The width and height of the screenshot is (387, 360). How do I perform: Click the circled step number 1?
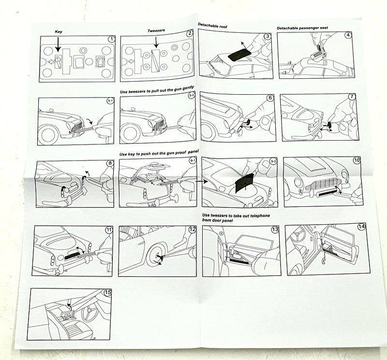point(112,39)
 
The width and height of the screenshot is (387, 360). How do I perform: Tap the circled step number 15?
point(108,292)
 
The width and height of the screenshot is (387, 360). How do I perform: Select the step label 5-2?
point(192,96)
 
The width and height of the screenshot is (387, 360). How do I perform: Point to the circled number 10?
point(357,160)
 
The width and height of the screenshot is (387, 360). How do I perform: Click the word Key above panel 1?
point(59,31)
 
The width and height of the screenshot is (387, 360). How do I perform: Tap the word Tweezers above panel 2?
point(156,30)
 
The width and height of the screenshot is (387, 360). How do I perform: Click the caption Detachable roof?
point(212,26)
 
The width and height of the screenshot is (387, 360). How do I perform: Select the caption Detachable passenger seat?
point(302,28)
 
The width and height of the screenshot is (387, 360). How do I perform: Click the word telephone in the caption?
point(260,216)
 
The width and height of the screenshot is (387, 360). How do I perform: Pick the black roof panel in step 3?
point(239,55)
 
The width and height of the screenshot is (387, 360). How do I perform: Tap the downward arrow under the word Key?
point(58,44)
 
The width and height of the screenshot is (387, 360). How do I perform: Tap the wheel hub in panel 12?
point(158,257)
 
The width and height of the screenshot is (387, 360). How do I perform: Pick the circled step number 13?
point(275,230)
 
